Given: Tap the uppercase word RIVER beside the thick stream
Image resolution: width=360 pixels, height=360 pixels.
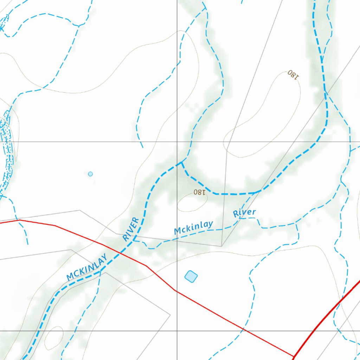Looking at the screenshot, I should (x=131, y=230).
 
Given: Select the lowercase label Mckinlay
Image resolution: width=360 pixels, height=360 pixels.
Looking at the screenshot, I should (x=194, y=228).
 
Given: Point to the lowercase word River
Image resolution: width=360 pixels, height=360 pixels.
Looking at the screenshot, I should (x=244, y=213).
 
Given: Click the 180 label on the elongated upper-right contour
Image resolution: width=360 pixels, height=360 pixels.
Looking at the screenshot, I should (x=293, y=74).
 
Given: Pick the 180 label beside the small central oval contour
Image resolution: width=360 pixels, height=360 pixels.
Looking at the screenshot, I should (x=199, y=192).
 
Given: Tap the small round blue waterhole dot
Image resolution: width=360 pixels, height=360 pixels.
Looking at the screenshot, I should (x=90, y=174).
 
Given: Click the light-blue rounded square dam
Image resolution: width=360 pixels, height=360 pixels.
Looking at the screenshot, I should (x=191, y=276).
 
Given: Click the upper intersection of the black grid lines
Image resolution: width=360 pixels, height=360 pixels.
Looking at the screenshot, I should (x=177, y=142).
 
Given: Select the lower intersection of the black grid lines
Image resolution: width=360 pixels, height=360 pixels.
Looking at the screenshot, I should (x=177, y=331).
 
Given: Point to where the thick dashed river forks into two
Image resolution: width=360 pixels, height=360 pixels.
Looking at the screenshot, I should (x=181, y=162).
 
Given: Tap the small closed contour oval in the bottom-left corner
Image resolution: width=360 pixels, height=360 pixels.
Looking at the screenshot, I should (x=54, y=337).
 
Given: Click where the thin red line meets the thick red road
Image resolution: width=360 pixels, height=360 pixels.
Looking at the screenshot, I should (x=293, y=356).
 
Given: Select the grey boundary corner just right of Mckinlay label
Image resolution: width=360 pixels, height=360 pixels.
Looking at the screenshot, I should (x=221, y=246).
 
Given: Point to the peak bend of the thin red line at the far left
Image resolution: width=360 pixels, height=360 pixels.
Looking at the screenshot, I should (x=20, y=220).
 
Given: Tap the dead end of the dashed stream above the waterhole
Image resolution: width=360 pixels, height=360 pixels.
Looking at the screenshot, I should (x=143, y=147).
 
